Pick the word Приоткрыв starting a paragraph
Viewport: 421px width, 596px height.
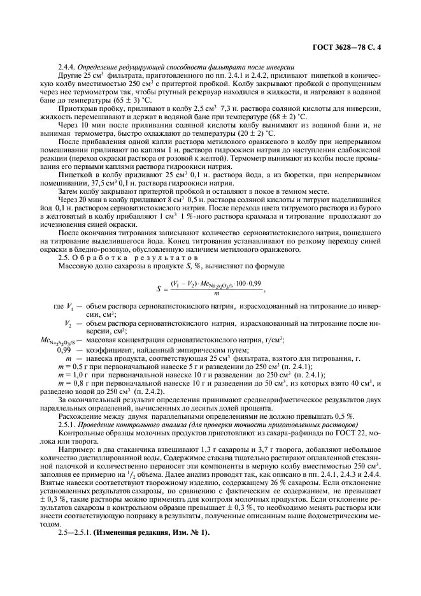[75, 108]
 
